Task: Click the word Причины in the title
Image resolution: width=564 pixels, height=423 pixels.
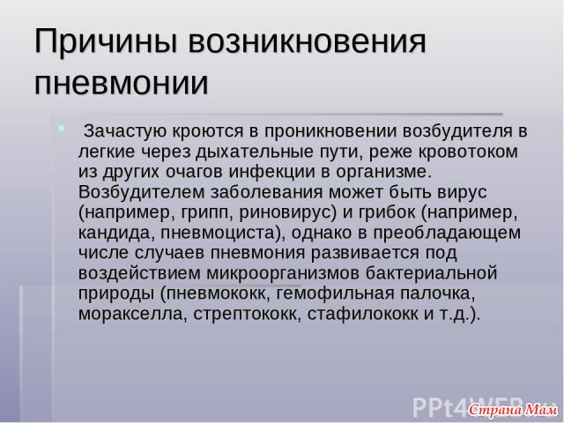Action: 106,41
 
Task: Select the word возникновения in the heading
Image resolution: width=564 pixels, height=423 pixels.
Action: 307,41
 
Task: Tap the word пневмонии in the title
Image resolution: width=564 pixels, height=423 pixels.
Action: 122,83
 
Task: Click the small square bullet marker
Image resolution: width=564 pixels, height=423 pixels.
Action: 62,128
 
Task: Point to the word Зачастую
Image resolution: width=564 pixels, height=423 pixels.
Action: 125,131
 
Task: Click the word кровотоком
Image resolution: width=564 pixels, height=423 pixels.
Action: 468,152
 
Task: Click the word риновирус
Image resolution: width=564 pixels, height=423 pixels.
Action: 287,213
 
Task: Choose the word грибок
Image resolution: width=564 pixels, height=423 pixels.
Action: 387,212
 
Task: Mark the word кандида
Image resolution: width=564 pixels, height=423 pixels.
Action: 116,233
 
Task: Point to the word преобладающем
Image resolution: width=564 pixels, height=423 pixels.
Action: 447,234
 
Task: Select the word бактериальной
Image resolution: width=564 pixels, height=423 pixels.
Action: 431,273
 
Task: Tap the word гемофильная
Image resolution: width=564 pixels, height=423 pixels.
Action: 335,293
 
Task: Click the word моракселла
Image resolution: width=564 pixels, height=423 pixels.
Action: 132,315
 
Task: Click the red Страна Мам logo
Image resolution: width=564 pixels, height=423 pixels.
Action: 513,410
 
